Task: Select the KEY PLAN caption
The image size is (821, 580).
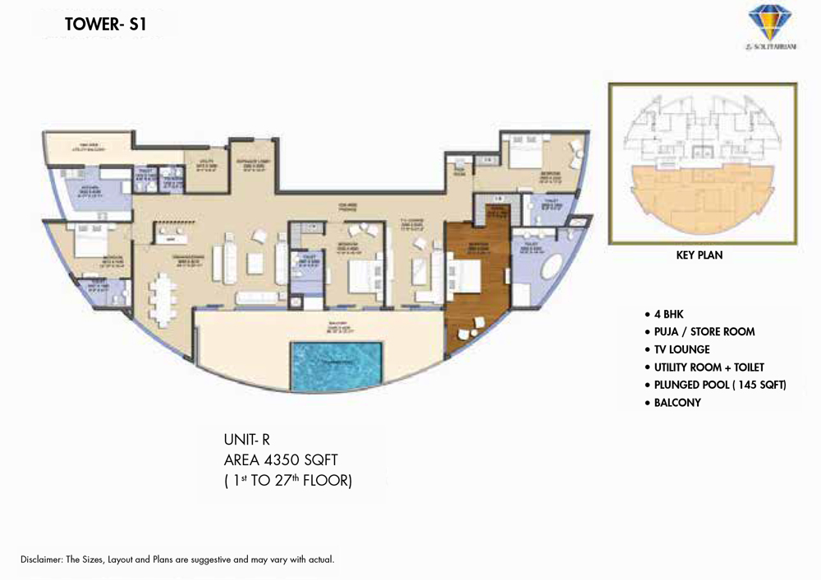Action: [699, 255]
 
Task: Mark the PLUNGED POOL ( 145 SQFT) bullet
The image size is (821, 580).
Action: [720, 386]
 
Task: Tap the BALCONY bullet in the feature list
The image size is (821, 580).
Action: [677, 403]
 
